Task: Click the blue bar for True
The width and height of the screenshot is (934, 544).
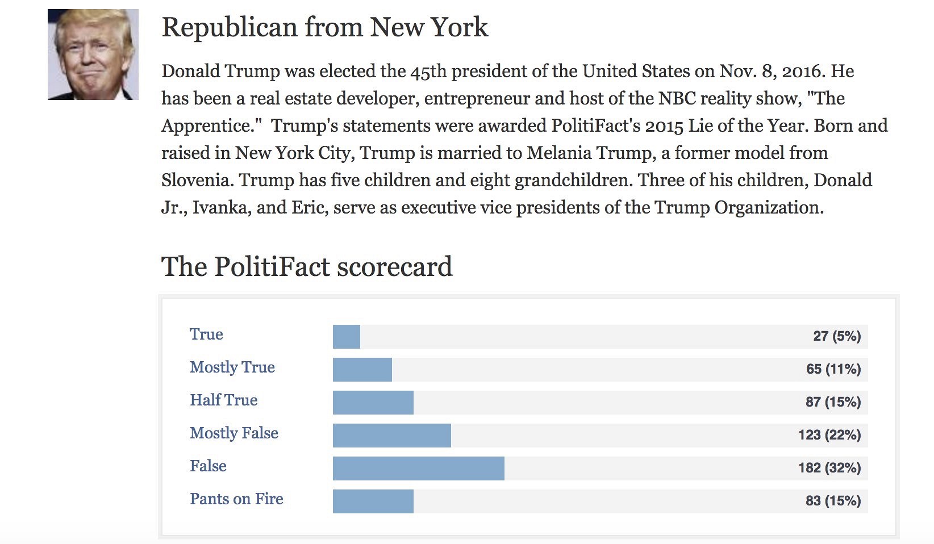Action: point(347,337)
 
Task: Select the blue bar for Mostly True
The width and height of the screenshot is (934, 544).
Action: point(362,370)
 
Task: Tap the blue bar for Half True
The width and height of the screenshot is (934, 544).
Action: point(373,403)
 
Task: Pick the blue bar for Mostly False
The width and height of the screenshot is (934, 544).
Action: point(392,436)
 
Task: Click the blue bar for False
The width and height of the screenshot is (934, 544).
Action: point(419,468)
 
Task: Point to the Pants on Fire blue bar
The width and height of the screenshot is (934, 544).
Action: point(373,501)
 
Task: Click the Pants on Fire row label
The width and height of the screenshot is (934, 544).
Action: point(236,499)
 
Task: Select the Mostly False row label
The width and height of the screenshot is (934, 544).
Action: point(234,433)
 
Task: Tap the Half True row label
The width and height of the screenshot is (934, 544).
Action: point(224,400)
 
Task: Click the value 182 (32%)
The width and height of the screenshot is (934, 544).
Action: point(829,468)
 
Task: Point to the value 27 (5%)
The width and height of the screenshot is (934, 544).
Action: point(837,337)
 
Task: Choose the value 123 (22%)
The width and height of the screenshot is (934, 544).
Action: point(829,436)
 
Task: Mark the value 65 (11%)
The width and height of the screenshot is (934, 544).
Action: point(833,370)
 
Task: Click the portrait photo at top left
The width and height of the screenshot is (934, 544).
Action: point(93,55)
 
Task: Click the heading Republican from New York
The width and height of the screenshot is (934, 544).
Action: point(324,27)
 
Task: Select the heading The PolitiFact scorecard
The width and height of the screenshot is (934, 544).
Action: point(307,266)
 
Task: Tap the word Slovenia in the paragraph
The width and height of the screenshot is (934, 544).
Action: point(195,181)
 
